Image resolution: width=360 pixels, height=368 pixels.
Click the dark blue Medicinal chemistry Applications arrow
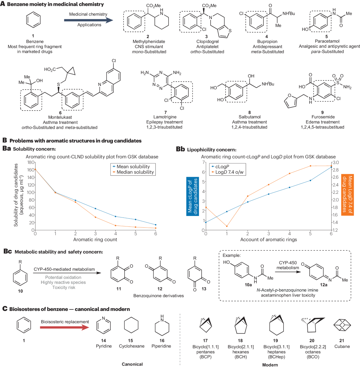88,20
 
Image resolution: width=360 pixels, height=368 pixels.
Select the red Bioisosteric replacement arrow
64,327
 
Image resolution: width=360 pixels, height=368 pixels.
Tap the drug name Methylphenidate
149,41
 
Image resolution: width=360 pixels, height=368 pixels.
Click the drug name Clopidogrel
207,41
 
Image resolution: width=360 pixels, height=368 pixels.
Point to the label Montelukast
60,117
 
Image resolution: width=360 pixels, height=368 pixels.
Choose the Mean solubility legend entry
133,167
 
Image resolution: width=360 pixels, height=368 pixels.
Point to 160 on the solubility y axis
31,170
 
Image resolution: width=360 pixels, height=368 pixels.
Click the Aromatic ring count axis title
95,239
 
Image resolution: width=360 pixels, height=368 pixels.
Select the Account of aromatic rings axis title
268,239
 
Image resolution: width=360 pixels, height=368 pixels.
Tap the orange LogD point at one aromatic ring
227,226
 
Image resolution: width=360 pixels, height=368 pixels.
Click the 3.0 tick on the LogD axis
335,163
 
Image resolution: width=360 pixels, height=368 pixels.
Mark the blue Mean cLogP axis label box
192,196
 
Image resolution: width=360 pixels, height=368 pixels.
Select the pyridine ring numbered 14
103,326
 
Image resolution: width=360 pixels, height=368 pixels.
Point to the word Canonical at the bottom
132,364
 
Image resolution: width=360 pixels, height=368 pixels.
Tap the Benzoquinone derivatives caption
158,296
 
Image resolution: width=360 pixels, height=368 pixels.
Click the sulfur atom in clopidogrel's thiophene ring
230,30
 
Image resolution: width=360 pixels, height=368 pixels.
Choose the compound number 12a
323,285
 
